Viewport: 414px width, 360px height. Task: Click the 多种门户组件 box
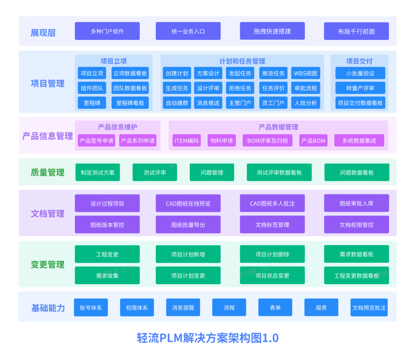pyautogui.click(x=107, y=31)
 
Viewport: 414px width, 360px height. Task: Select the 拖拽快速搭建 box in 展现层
pyautogui.click(x=272, y=31)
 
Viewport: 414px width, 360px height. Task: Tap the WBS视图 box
pyautogui.click(x=306, y=73)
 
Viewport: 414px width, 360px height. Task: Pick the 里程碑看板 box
pyautogui.click(x=130, y=103)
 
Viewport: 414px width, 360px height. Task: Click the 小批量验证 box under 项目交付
pyautogui.click(x=360, y=73)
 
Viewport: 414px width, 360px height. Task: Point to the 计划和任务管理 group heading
pyautogui.click(x=242, y=61)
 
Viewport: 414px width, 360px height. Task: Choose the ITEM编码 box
pyautogui.click(x=187, y=141)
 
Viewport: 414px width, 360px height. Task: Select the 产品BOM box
pyautogui.click(x=314, y=141)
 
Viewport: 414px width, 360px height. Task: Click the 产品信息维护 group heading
pyautogui.click(x=118, y=127)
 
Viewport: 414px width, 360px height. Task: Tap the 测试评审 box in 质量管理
pyautogui.click(x=155, y=172)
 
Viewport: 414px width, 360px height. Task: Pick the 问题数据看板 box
pyautogui.click(x=357, y=172)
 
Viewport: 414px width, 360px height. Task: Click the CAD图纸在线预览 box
pyautogui.click(x=188, y=203)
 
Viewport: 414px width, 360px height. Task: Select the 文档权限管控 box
pyautogui.click(x=356, y=225)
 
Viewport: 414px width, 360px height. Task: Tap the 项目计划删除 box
pyautogui.click(x=272, y=254)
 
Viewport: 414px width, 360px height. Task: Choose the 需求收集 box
pyautogui.click(x=107, y=276)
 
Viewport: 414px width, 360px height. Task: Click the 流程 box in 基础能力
pyautogui.click(x=229, y=308)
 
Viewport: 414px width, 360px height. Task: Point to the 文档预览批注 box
pyautogui.click(x=369, y=308)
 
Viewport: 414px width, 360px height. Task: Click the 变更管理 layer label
pyautogui.click(x=48, y=265)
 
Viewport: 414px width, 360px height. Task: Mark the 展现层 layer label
pyautogui.click(x=43, y=33)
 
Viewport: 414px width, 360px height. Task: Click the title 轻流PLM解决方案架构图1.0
pyautogui.click(x=207, y=338)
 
